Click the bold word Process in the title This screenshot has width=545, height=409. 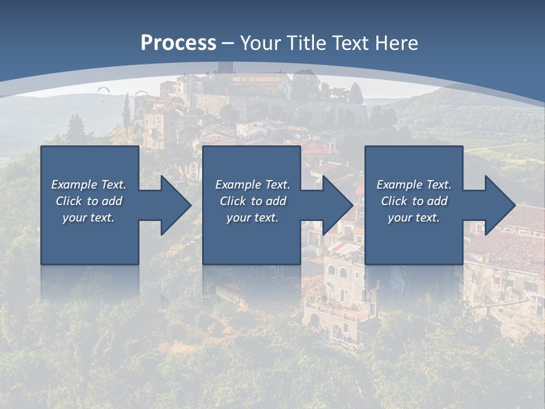178,43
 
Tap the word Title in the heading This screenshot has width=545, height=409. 308,43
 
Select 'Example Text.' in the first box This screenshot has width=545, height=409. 89,185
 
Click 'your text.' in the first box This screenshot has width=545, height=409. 89,218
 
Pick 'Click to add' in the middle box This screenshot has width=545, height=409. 253,201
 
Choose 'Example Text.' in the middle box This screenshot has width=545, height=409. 253,185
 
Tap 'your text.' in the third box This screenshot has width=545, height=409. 414,218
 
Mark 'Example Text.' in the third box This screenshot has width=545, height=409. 414,185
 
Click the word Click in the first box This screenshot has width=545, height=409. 69,201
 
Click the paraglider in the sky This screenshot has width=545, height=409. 103,89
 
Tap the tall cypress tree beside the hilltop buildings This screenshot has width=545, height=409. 126,111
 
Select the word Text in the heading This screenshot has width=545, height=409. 350,43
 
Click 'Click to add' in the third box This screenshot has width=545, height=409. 414,201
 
